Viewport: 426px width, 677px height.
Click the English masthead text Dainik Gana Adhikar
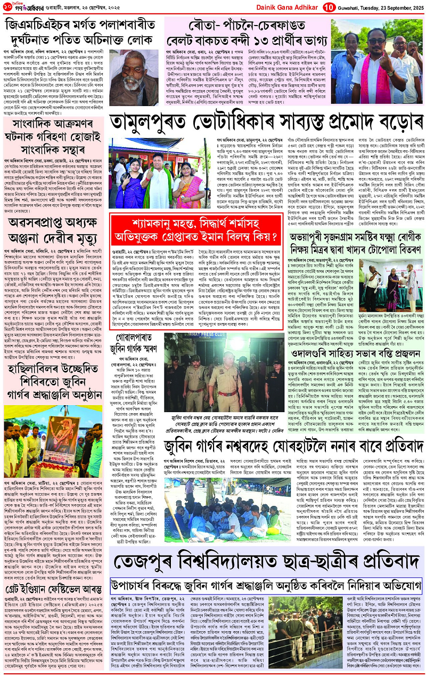click(288, 7)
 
